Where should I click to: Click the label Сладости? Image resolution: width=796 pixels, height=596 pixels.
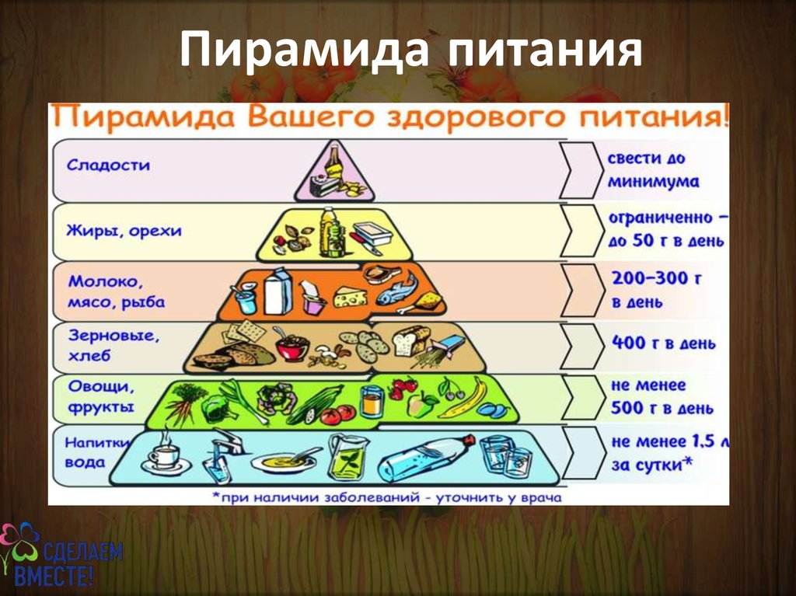tap(108, 165)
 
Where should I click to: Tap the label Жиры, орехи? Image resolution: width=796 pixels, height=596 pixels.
tap(124, 231)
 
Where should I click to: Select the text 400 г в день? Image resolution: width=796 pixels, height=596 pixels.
tap(664, 343)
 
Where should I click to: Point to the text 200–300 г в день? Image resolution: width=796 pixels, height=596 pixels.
tap(657, 290)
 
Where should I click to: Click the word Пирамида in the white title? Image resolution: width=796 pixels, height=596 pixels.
tap(304, 49)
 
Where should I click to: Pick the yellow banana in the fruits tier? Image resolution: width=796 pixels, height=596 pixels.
tap(463, 398)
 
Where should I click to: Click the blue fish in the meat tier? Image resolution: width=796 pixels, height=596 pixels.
tap(397, 289)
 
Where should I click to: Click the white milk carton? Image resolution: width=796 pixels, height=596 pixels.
tap(278, 292)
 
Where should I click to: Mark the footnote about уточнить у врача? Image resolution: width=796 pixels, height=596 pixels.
tap(387, 497)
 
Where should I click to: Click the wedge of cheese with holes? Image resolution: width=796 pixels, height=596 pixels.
tap(349, 297)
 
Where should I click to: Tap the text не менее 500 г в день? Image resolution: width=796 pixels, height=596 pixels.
tap(662, 396)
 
